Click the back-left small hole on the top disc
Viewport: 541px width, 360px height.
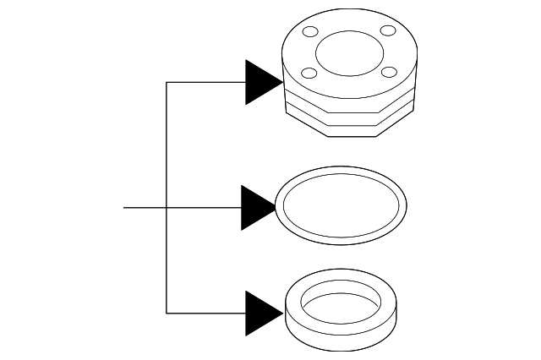click(x=310, y=34)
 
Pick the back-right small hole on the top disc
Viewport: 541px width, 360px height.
click(x=388, y=31)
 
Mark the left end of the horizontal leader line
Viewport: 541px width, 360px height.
click(x=125, y=207)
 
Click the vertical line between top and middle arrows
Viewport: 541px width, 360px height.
click(x=167, y=144)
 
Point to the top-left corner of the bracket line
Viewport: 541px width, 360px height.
click(x=167, y=82)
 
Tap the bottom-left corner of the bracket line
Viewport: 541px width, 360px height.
click(x=167, y=313)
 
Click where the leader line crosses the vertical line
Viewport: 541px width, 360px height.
click(x=167, y=207)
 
